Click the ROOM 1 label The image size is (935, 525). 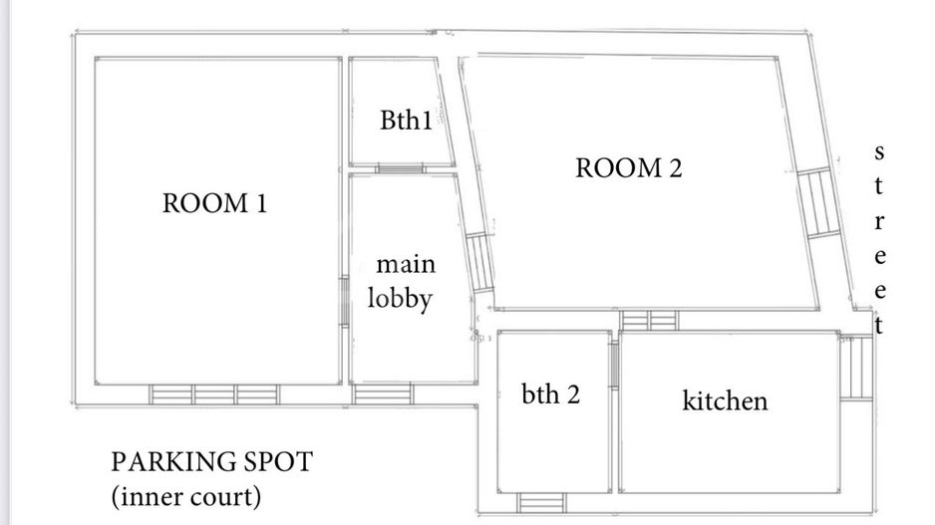tap(214, 204)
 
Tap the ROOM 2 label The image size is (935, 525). tap(628, 168)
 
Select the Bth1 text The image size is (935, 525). tap(406, 121)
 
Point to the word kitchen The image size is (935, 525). tap(725, 400)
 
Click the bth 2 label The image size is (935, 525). tap(550, 394)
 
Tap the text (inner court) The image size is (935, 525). tap(185, 495)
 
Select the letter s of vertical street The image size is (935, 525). tap(878, 152)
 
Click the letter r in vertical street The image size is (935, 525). tap(878, 219)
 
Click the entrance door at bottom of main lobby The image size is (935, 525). tap(383, 394)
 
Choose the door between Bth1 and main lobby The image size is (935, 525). tap(399, 168)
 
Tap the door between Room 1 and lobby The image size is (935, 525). tap(343, 300)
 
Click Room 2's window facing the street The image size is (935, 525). tap(813, 202)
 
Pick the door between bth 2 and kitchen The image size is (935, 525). tap(614, 365)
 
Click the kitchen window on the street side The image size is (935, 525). tap(854, 368)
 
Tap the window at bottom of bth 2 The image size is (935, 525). tap(541, 501)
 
